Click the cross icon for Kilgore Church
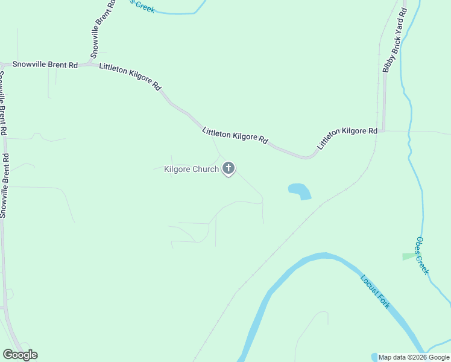pyautogui.click(x=229, y=168)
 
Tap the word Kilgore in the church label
pyautogui.click(x=177, y=170)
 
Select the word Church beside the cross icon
pyautogui.click(x=206, y=170)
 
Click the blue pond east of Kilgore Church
pyautogui.click(x=300, y=191)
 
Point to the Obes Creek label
pyautogui.click(x=421, y=255)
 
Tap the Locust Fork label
pyautogui.click(x=376, y=292)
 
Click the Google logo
pyautogui.click(x=20, y=355)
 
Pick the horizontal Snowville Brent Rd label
pyautogui.click(x=41, y=64)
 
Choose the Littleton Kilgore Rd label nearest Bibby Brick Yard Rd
pyautogui.click(x=347, y=139)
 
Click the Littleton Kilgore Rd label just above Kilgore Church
pyautogui.click(x=235, y=135)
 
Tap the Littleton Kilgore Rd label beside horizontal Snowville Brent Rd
pyautogui.click(x=130, y=78)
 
